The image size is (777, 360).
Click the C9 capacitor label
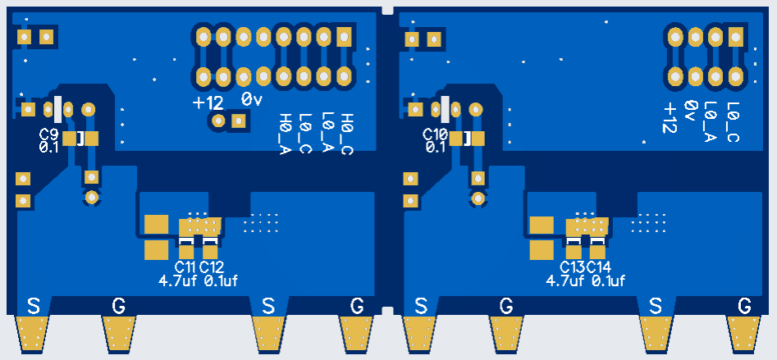coord(48,134)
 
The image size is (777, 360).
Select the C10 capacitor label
coord(435,134)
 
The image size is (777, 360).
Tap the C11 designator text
coord(185,267)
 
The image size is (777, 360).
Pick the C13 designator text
coord(572,267)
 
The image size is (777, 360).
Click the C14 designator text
coord(599,267)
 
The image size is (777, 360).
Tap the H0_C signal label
coord(346,133)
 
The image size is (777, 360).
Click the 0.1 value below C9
coord(48,148)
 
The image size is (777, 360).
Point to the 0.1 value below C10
coord(435,148)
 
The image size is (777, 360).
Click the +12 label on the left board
coord(208,103)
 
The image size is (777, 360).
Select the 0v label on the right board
coord(690,110)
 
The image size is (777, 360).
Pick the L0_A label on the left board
coord(326,133)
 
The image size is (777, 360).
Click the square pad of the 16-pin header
coord(343,36)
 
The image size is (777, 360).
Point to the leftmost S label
coord(34,306)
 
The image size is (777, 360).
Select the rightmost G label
coord(744,306)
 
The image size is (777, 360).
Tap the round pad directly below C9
coord(92,198)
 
